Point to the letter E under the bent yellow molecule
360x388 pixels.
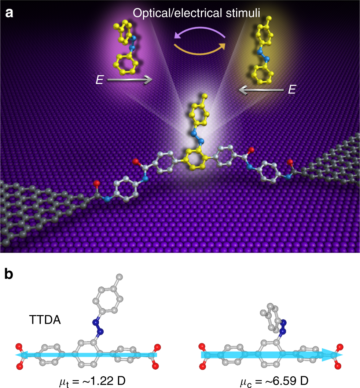point(99,80)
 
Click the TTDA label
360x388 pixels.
point(45,322)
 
